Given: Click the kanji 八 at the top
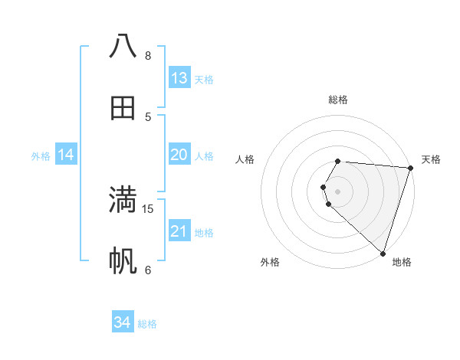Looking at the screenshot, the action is (123, 46).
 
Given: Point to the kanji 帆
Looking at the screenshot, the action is (123, 261).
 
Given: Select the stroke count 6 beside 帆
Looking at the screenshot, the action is (148, 270).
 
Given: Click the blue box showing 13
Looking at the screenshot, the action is (179, 78).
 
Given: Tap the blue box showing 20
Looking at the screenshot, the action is (179, 155).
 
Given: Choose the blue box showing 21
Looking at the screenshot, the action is (179, 231).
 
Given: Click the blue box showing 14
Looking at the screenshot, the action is (66, 155).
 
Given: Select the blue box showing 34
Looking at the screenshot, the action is (122, 322).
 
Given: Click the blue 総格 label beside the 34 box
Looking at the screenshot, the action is (147, 324).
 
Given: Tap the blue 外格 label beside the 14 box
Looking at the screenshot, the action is (41, 156).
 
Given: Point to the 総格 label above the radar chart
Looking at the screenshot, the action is (338, 100).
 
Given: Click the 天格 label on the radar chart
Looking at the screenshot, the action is (431, 159).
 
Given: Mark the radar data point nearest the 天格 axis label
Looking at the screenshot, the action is (410, 168).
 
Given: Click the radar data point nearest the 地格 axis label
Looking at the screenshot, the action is (383, 253).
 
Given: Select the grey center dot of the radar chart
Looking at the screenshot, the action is (338, 191).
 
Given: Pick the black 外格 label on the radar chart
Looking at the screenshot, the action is (270, 262).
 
